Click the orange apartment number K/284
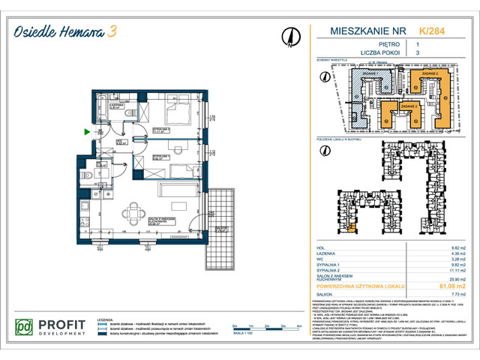tap(430, 31)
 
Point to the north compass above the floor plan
tap(289, 36)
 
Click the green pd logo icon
tap(25, 328)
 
